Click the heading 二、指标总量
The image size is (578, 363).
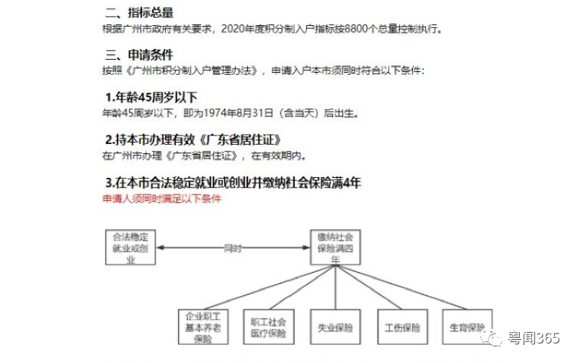139,12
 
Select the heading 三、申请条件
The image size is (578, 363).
139,55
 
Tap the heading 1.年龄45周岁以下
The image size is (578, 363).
151,97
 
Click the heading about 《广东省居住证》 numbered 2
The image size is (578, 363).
193,140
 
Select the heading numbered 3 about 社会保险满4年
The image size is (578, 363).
233,182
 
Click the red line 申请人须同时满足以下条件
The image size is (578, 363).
162,199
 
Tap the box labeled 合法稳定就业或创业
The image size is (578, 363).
130,247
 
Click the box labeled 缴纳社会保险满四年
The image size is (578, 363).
335,247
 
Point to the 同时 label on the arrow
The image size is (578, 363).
233,248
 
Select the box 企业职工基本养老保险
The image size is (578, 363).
203,327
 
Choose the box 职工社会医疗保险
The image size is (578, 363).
269,327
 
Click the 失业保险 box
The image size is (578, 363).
335,327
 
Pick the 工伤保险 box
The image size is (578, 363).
403,327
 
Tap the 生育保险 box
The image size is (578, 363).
468,327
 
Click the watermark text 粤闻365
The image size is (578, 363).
534,338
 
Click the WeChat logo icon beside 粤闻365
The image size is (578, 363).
492,338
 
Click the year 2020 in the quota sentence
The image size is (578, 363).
233,28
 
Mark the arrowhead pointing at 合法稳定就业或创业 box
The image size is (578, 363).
160,248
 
